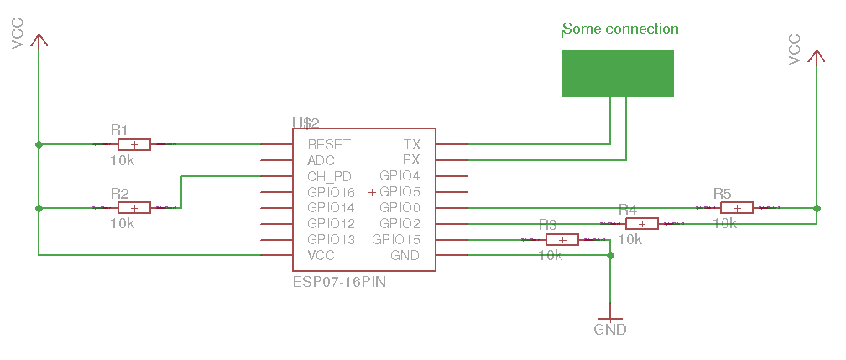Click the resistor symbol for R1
(134, 144)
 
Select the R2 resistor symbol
(134, 207)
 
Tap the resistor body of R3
(562, 239)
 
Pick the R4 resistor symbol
(641, 223)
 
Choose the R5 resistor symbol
(736, 207)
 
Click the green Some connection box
(618, 73)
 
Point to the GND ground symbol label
(610, 330)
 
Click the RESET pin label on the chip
(329, 145)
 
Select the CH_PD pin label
(329, 176)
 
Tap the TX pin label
(411, 145)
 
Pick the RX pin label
(411, 160)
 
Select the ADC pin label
(321, 160)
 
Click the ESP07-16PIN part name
(339, 283)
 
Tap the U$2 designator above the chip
(305, 123)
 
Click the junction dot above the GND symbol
(610, 255)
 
